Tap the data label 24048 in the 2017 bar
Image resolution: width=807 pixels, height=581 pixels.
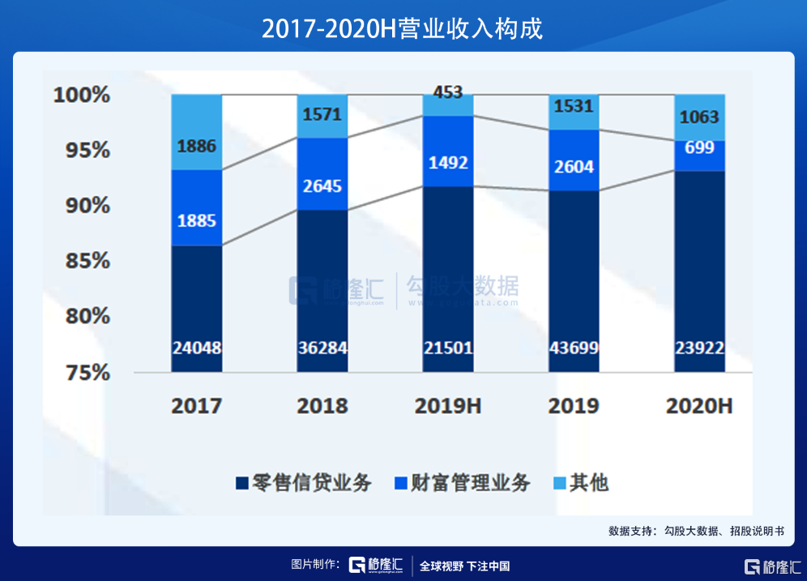[x=196, y=348]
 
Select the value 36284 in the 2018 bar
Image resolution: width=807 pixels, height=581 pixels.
[x=322, y=348]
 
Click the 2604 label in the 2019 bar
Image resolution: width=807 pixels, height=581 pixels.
[x=574, y=167]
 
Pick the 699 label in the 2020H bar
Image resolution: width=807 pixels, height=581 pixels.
[x=699, y=147]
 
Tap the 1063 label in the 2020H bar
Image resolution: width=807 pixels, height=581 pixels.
[x=699, y=117]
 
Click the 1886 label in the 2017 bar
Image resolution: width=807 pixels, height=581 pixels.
[x=196, y=147]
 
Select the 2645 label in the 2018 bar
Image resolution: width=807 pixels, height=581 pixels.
[x=322, y=186]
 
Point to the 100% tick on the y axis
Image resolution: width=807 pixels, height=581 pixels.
[x=81, y=95]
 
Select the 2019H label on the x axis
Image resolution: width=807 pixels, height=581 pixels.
[x=447, y=406]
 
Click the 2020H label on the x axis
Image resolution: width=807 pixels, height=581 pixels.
[x=699, y=406]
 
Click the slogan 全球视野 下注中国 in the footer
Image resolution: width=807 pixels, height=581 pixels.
[x=465, y=566]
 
